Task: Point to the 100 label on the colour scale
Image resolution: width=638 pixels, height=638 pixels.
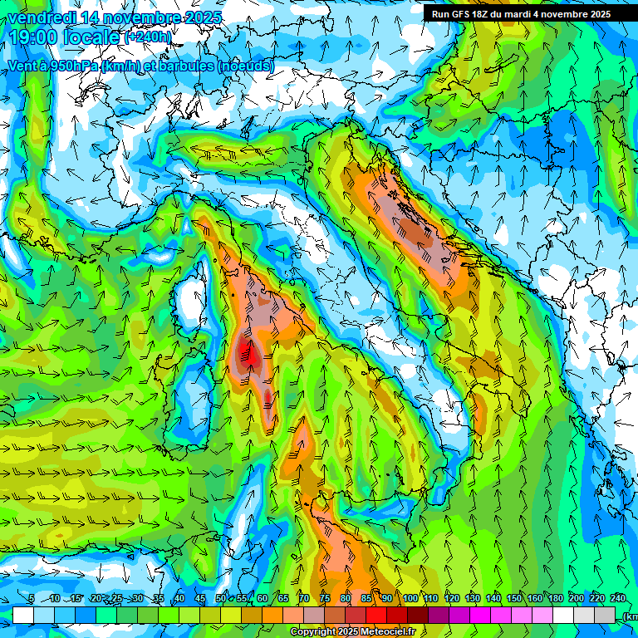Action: tap(410, 599)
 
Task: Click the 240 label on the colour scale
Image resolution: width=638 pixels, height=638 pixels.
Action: tap(618, 599)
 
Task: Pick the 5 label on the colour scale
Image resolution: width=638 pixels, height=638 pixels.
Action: tap(32, 599)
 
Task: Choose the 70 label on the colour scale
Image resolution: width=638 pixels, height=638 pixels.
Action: tap(304, 599)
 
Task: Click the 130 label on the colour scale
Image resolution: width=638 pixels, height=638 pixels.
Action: tap(473, 599)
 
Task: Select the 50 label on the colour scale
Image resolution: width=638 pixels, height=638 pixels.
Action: tap(221, 599)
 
